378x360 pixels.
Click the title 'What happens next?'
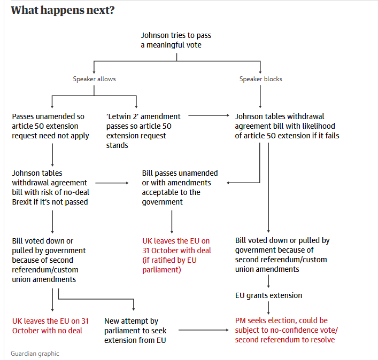63,10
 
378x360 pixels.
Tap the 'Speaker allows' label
94,79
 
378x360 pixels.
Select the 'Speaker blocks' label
260,79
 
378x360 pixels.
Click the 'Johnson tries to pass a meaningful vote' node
176,40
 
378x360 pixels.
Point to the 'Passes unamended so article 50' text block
50,126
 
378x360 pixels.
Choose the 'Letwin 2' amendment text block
143,131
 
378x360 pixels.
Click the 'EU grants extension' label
268,295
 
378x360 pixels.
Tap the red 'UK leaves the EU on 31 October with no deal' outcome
50,326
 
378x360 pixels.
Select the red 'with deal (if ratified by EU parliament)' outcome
176,255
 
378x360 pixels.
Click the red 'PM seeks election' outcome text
287,330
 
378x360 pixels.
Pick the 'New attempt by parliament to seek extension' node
135,331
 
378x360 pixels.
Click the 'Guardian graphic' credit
35,354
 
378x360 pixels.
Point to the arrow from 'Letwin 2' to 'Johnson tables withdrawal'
209,115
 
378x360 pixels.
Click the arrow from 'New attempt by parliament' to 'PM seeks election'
204,330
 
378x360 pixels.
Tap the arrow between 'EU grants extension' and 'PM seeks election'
268,308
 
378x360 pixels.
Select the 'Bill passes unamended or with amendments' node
180,187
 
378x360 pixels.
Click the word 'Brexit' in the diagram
22,202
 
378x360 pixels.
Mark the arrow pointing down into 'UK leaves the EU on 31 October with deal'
172,222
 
